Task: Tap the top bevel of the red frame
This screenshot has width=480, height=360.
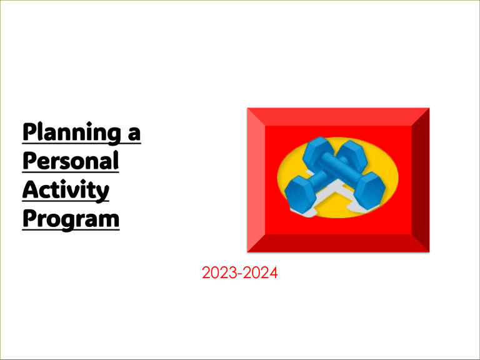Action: tap(338, 116)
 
